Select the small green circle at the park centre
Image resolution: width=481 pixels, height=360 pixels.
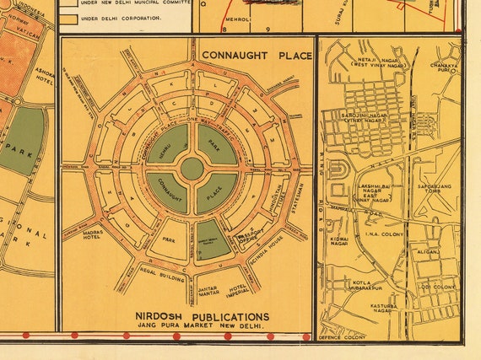[x=192, y=169]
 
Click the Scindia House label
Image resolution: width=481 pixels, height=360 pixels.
[x=276, y=250]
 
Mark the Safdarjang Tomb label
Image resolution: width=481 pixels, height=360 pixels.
[x=434, y=187]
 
